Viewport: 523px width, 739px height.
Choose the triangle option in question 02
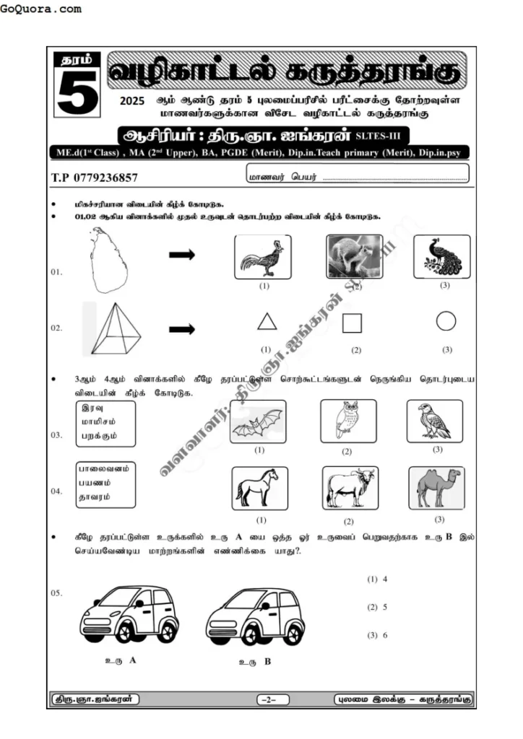267,322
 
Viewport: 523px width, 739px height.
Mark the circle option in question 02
446,321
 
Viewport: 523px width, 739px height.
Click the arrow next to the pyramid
181,329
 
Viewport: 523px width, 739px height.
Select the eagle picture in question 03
434,421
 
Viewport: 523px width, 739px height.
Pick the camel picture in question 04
437,488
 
